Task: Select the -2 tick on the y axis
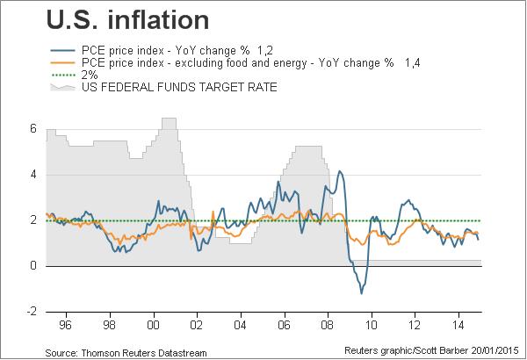[x=30, y=311]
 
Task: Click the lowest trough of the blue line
[x=361, y=293]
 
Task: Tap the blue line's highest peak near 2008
[x=340, y=171]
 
